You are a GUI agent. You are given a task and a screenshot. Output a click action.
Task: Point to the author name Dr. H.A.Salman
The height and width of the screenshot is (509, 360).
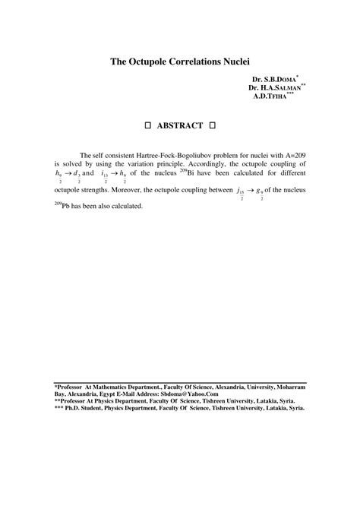pyautogui.click(x=276, y=88)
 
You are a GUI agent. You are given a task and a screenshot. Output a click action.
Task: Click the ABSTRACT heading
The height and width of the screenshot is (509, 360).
pyautogui.click(x=180, y=125)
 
